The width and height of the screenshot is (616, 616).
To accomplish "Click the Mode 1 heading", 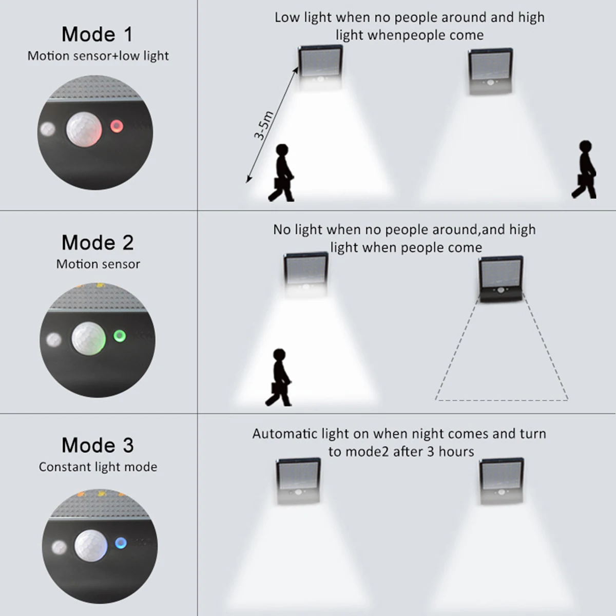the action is pos(97,34).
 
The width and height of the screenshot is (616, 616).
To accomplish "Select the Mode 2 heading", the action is pos(98,242).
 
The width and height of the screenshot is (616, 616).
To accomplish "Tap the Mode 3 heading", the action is pos(98,445).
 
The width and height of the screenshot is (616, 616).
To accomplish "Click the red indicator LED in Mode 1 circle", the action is pos(117,126).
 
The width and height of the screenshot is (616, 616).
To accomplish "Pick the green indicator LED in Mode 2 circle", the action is pos(120,336).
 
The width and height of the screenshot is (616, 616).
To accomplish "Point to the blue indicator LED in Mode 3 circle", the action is pos(121,543).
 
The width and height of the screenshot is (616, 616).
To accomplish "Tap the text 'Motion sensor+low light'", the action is pos(98,56).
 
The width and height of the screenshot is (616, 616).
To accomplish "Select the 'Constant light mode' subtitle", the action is pos(98,467).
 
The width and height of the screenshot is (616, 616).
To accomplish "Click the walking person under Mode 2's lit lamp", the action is pos(278,377).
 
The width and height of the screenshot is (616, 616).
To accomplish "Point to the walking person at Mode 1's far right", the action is pos(584,169).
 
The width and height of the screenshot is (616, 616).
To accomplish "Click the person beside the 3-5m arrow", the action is pos(281,172).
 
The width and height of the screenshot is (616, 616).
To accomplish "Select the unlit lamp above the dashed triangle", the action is pos(501,279).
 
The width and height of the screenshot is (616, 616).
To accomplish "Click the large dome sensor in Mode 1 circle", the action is pos(84,129).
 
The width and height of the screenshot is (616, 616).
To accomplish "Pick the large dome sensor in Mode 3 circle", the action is pos(91,546).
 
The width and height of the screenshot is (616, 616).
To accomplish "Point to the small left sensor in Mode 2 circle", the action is pos(54,339).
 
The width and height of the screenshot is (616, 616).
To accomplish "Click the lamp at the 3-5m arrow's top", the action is pos(320,68).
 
